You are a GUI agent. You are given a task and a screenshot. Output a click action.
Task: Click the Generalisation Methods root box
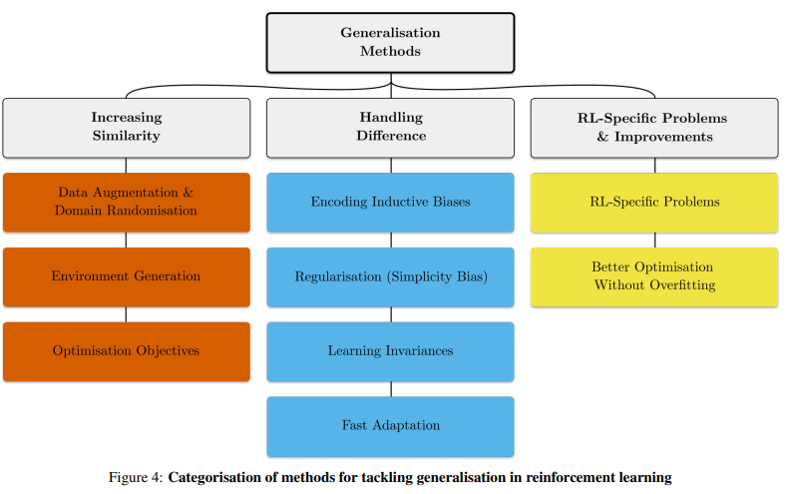pyautogui.click(x=390, y=43)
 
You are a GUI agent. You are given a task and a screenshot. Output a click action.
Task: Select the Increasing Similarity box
pyautogui.click(x=126, y=128)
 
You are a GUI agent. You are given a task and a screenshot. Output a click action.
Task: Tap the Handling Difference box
pyautogui.click(x=390, y=128)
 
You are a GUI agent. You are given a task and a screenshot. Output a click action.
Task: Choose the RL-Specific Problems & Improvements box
pyautogui.click(x=654, y=128)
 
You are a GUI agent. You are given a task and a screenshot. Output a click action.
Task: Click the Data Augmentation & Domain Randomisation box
pyautogui.click(x=126, y=203)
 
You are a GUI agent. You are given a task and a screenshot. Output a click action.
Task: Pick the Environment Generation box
pyautogui.click(x=126, y=276)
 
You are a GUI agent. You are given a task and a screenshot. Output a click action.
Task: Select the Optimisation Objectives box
pyautogui.click(x=126, y=351)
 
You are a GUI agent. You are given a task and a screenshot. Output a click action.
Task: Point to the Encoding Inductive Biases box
pyautogui.click(x=390, y=203)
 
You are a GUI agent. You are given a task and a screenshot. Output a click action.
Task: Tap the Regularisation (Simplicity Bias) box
pyautogui.click(x=390, y=276)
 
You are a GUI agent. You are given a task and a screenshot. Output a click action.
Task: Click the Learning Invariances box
pyautogui.click(x=390, y=351)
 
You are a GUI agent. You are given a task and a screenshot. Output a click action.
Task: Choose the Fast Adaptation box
pyautogui.click(x=390, y=426)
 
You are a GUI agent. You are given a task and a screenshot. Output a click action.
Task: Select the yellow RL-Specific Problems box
pyautogui.click(x=654, y=203)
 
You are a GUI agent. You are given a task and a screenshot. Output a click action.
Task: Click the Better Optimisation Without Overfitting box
pyautogui.click(x=654, y=276)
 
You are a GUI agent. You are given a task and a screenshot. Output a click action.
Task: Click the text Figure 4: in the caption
pyautogui.click(x=136, y=477)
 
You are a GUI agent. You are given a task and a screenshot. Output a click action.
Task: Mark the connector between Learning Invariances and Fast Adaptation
pyautogui.click(x=391, y=389)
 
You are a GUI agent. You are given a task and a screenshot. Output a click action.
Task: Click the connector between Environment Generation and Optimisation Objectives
pyautogui.click(x=126, y=314)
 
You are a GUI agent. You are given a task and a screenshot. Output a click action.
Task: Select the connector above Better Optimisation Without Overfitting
pyautogui.click(x=654, y=240)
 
